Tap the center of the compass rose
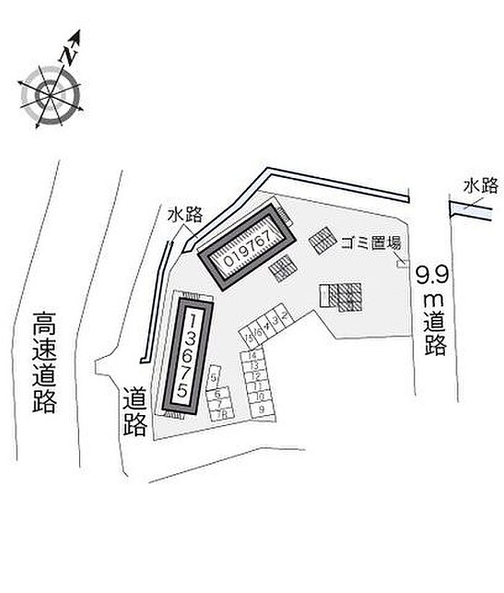pos(51,93)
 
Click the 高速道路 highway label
pos(44,362)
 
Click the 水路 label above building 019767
pos(185,214)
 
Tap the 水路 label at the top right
pos(480,187)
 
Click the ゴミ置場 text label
pos(371,243)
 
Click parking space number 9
pos(261,409)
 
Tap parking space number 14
pos(252,356)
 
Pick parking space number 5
pos(213,375)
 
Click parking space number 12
pos(256,376)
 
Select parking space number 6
pos(217,395)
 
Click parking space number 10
pos(259,396)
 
